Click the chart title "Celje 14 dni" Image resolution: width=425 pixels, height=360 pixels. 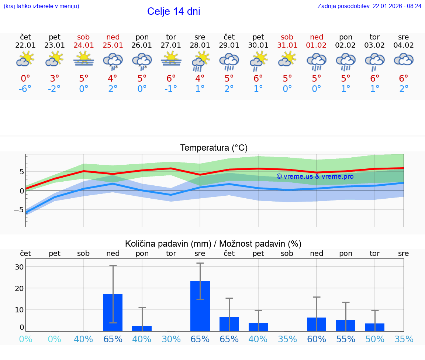point(173,11)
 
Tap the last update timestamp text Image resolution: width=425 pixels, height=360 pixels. point(369,6)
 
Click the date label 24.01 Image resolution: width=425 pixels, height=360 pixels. point(83,45)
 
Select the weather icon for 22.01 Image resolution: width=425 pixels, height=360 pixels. point(25,59)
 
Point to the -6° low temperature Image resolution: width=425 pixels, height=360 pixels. point(25,89)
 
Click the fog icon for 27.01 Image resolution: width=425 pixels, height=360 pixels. point(171,59)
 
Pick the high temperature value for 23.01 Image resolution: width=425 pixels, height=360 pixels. point(55,78)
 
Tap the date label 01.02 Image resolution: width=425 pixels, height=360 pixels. point(316,45)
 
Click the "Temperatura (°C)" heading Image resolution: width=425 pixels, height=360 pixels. point(214,148)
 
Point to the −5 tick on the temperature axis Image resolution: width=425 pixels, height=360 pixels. point(19,210)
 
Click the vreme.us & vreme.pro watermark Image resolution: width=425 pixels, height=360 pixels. point(315,176)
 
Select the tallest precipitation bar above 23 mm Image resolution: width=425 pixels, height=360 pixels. point(200,306)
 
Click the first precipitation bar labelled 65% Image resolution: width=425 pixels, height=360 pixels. point(113,312)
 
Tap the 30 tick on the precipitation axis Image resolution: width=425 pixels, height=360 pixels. point(19,267)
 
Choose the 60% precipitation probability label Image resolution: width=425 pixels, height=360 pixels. point(317,339)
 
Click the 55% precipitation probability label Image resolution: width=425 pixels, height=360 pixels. point(346,339)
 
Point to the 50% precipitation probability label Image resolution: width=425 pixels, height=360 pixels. point(375,339)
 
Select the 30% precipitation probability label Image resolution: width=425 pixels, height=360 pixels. point(171,339)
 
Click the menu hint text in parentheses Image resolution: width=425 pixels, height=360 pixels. point(41,6)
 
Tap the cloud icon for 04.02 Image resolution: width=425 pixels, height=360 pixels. point(404,59)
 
